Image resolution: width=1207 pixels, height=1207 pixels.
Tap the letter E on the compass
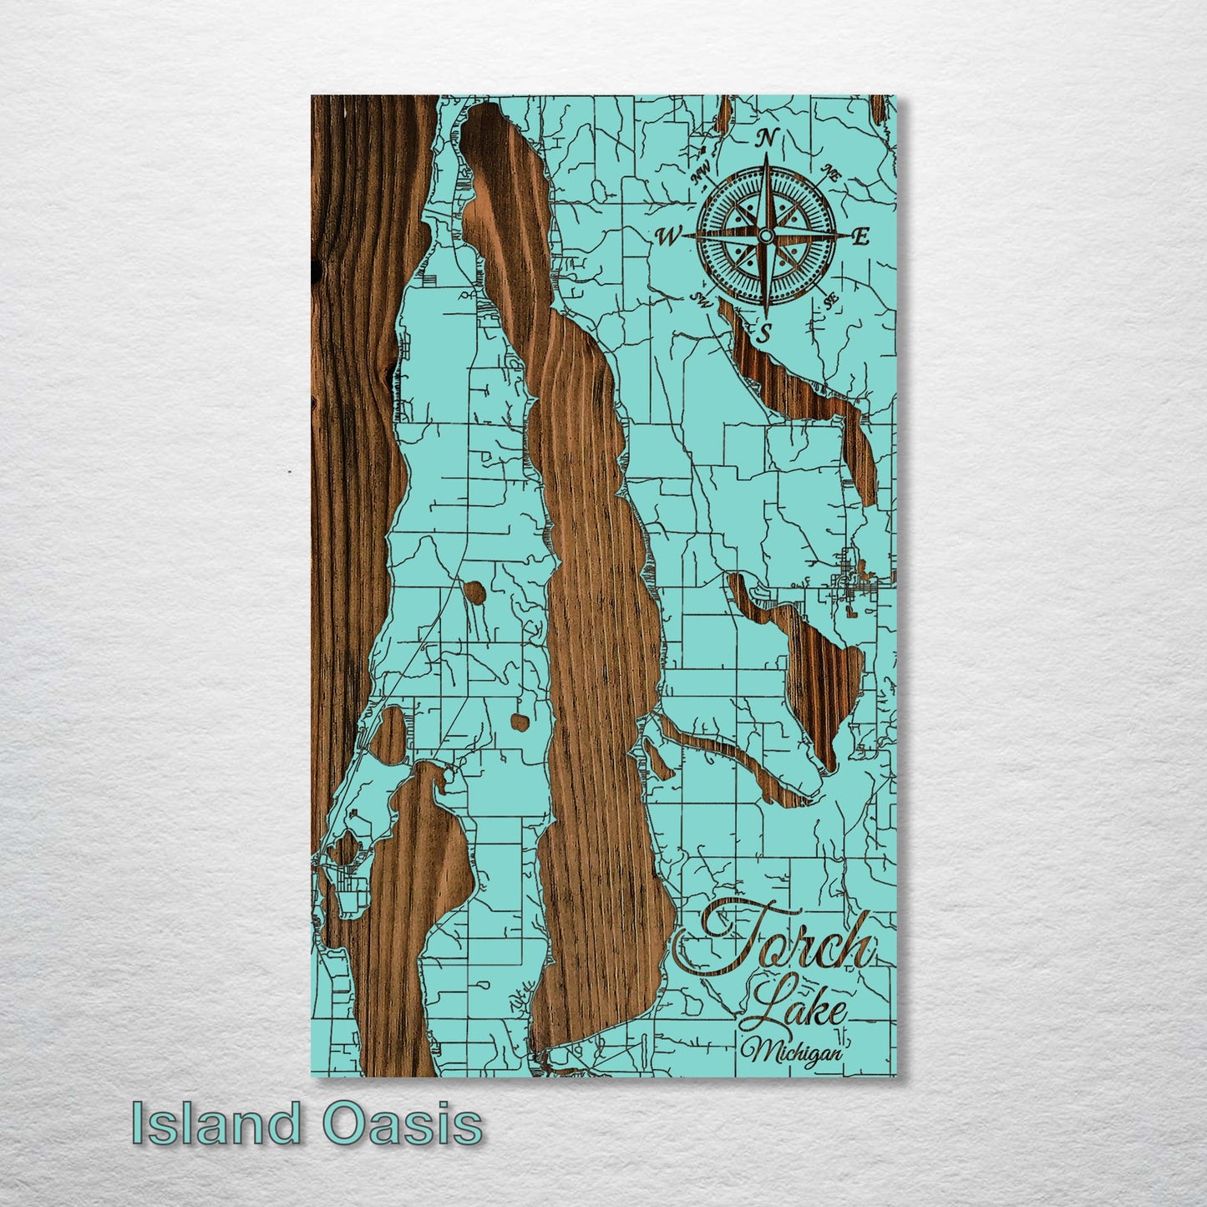(860, 236)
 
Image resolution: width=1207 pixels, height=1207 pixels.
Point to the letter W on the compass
(669, 237)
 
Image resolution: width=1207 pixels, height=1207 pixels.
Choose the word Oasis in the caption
(402, 1123)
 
